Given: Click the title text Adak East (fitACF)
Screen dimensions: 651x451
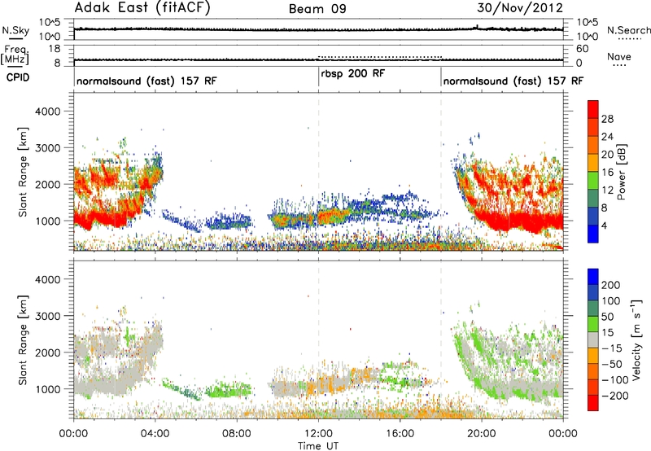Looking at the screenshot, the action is [142, 7].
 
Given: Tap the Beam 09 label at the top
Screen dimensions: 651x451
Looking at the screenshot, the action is [317, 9].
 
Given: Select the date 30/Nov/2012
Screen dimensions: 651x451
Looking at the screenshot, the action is [520, 7].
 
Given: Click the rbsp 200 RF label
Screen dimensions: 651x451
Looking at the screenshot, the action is [352, 73].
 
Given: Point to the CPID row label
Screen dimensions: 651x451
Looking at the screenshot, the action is [18, 77].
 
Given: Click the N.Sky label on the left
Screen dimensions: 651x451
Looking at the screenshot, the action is [15, 30].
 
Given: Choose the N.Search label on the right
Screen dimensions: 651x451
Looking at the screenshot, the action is [628, 30].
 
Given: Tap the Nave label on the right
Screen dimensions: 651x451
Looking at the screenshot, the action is [619, 56].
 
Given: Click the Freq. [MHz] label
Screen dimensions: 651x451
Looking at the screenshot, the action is [15, 55].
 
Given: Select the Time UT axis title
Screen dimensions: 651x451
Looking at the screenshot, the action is [318, 445].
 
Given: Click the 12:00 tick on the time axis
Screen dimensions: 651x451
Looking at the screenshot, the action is [318, 434].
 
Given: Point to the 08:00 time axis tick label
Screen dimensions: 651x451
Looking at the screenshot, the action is [237, 434].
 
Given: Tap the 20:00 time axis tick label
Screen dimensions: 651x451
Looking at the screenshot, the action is [481, 434].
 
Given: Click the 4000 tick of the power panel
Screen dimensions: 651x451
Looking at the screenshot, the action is [47, 112].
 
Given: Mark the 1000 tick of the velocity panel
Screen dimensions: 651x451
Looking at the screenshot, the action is [47, 389].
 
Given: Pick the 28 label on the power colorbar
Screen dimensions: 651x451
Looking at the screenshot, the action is [607, 119].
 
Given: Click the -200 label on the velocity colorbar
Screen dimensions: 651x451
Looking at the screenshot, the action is [615, 396].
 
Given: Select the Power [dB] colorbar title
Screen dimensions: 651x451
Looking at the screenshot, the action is [621, 172].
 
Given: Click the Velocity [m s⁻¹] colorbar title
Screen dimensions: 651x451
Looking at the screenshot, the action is [636, 339].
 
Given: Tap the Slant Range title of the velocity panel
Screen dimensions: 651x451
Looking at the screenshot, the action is [23, 340].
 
